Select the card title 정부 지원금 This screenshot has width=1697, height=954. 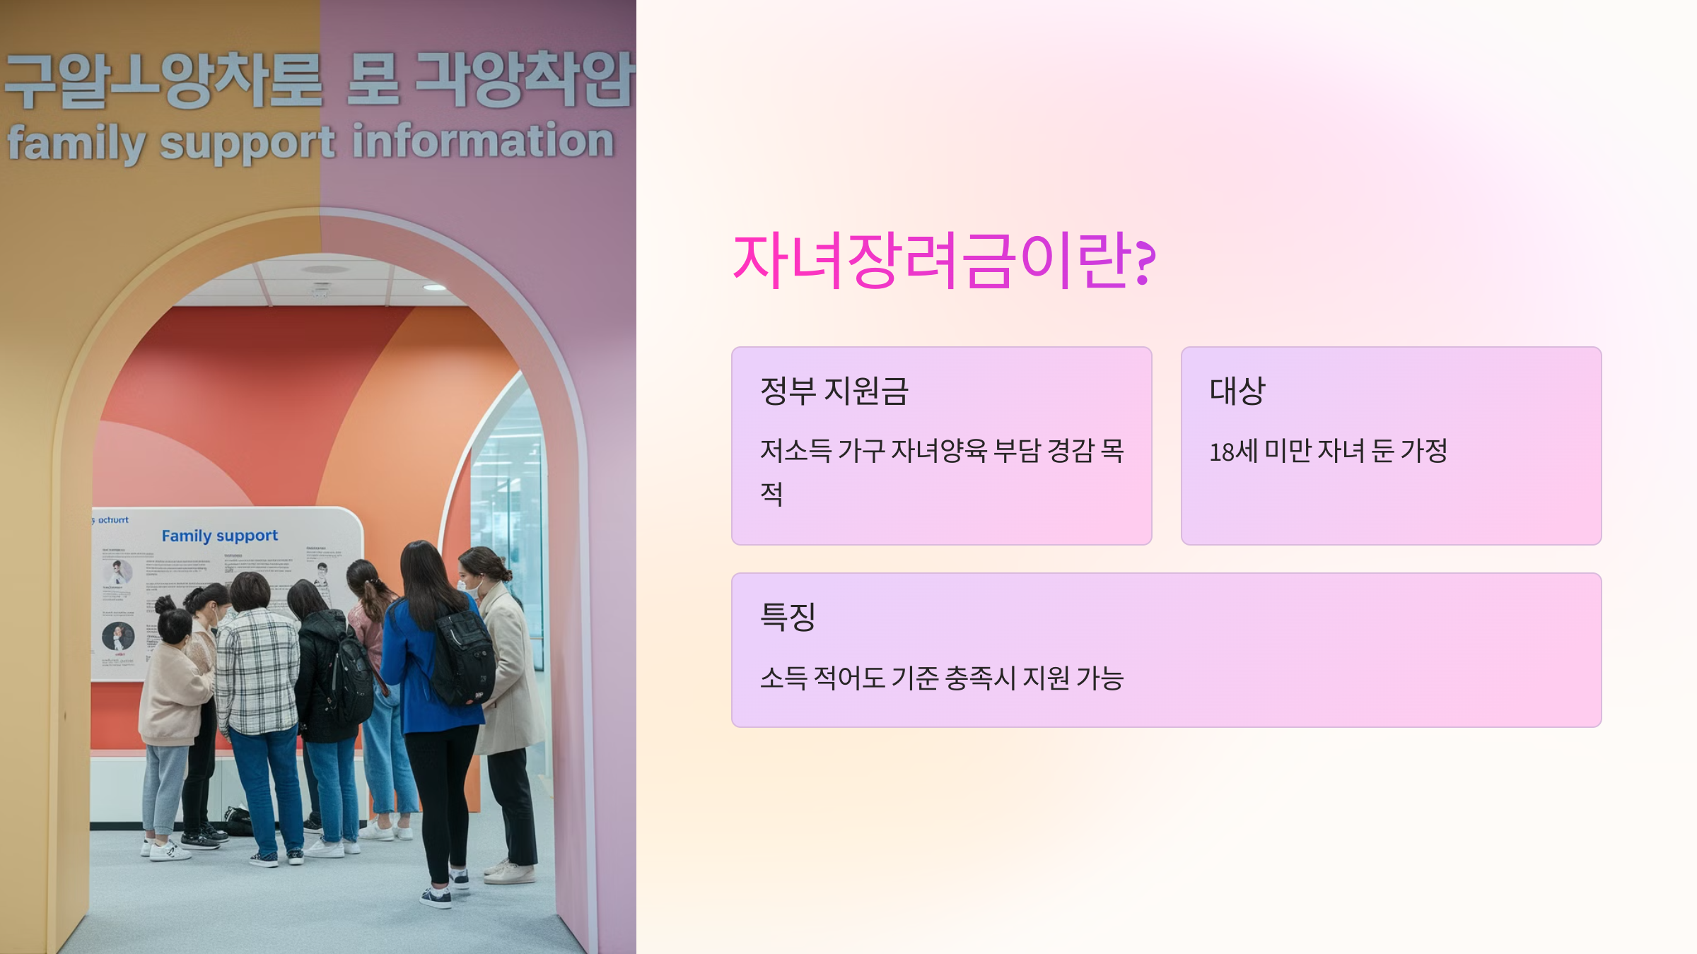point(834,391)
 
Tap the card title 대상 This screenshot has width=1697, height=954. point(1237,391)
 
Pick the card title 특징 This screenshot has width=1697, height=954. point(788,617)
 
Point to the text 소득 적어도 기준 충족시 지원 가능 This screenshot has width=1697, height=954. point(941,678)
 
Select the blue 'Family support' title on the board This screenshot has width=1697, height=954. point(219,536)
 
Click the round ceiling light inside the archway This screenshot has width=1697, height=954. point(434,287)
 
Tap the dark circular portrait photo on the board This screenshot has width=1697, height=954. point(118,636)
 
